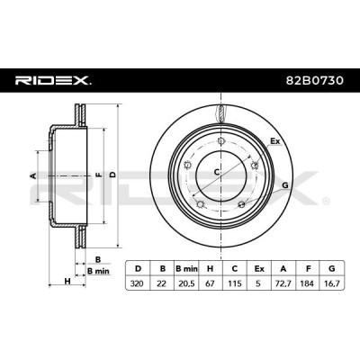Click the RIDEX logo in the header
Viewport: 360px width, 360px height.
click(52, 81)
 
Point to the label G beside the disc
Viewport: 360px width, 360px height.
click(283, 185)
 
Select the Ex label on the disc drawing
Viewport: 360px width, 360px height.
click(275, 141)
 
